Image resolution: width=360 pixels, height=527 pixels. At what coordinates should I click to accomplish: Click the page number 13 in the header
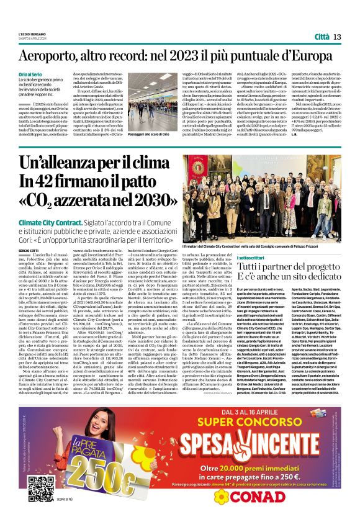coord(338,37)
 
